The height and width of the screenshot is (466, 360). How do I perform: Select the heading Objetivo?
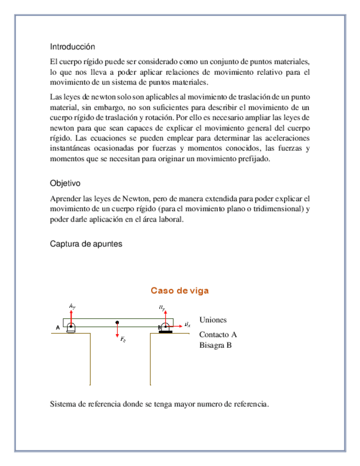pyautogui.click(x=65, y=183)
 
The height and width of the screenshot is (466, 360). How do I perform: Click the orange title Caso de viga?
pyautogui.click(x=180, y=291)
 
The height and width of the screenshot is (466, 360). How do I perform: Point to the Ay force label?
pyautogui.click(x=73, y=306)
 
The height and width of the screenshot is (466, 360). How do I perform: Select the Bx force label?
pyautogui.click(x=187, y=325)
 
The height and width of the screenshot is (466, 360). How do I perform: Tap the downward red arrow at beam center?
pyautogui.click(x=117, y=331)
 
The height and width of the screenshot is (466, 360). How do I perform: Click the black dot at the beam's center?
pyautogui.click(x=117, y=323)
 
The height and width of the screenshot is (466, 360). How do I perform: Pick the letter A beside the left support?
pyautogui.click(x=57, y=328)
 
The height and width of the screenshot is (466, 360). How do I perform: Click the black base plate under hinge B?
pyautogui.click(x=165, y=332)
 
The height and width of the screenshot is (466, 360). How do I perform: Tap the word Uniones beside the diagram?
pyautogui.click(x=213, y=320)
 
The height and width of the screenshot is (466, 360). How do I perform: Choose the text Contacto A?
pyautogui.click(x=218, y=335)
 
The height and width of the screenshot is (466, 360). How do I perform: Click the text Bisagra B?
pyautogui.click(x=215, y=346)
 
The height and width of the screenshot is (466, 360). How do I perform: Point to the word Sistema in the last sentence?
pyautogui.click(x=63, y=405)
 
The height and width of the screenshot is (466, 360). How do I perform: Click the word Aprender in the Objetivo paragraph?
pyautogui.click(x=65, y=198)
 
